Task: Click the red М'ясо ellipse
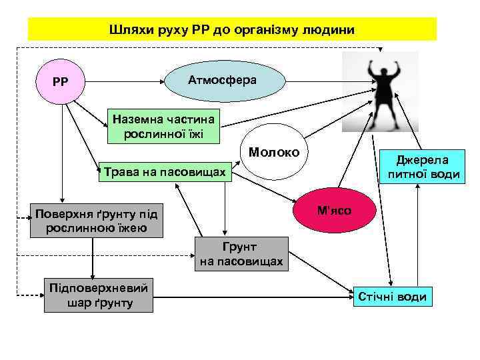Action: (334, 211)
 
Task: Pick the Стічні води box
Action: (393, 297)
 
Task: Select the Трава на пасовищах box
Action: (163, 172)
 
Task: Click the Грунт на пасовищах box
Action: (241, 254)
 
